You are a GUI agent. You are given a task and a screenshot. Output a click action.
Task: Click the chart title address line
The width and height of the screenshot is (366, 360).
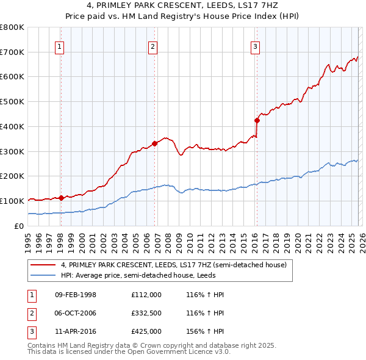tap(183, 6)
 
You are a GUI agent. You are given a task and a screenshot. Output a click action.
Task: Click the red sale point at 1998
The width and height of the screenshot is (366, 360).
tap(62, 198)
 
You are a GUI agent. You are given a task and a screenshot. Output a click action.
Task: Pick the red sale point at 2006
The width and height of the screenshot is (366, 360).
tap(155, 143)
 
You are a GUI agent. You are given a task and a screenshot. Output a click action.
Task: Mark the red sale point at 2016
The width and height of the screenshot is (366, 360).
tap(257, 120)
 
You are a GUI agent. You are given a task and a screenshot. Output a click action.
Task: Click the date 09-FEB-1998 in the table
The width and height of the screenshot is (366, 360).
tap(76, 295)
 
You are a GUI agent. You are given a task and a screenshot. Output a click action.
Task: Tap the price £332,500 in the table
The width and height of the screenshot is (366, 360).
tap(146, 314)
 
